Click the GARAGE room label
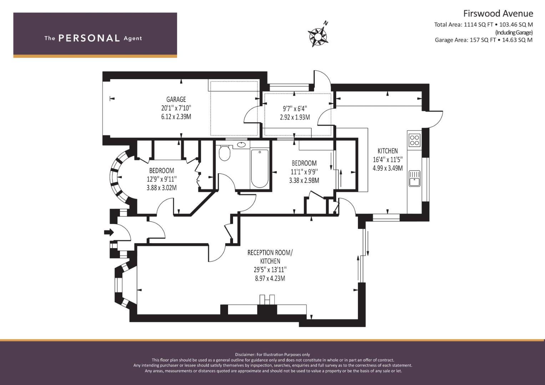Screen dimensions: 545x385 176,99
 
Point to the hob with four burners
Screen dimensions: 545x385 415,140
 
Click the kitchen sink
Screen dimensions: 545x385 415,179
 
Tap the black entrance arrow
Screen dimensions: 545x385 109,232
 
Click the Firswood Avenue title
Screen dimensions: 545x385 498,14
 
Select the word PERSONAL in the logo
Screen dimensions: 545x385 89,38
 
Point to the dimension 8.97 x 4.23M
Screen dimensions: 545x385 270,278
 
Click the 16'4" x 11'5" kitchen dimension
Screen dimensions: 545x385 388,159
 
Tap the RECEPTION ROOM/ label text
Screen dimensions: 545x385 270,252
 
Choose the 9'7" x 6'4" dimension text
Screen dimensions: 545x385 295,108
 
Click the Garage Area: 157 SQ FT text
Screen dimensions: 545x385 465,40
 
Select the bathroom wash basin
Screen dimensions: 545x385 241,145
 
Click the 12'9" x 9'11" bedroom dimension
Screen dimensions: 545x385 162,179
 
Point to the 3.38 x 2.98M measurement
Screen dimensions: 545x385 304,180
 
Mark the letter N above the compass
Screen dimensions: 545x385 326,23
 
